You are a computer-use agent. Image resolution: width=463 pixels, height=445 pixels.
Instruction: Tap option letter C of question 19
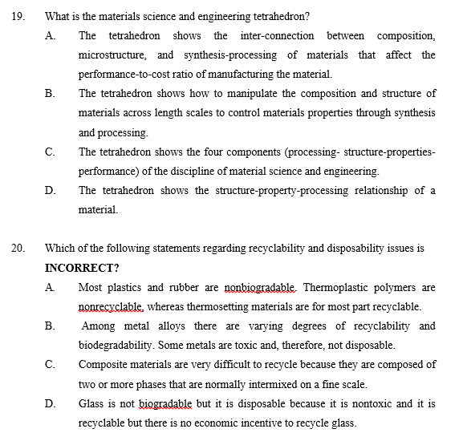point(50,152)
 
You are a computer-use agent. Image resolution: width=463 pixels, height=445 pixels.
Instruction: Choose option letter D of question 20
point(50,403)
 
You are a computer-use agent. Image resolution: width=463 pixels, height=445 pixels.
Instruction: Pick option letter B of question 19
point(50,94)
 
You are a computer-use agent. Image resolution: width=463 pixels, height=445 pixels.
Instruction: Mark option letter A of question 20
point(50,286)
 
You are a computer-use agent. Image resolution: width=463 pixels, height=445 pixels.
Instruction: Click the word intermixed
point(283,383)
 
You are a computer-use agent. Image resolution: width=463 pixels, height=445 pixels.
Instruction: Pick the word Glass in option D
point(92,403)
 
